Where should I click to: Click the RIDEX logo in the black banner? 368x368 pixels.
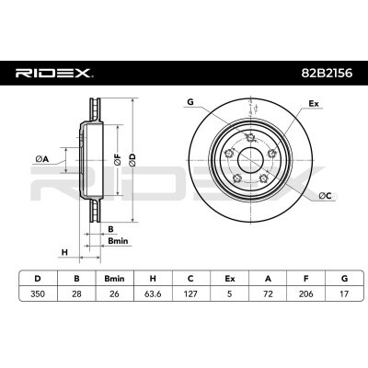point(54,74)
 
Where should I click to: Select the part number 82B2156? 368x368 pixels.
point(326,74)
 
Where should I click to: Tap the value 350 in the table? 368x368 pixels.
point(38,293)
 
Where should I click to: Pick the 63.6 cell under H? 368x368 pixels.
point(153,293)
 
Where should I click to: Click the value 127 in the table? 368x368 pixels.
point(190,293)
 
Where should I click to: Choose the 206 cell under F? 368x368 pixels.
point(305,293)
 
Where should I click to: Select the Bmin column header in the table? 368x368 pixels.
point(114,279)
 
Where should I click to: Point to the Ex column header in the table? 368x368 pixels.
point(229,279)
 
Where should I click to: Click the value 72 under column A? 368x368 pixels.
point(268,293)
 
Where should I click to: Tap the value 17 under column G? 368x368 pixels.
point(344,293)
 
